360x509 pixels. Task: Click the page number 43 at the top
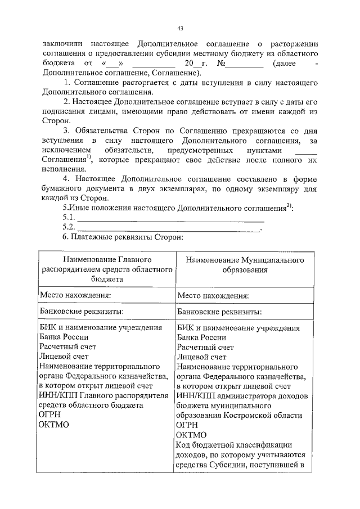[180, 28]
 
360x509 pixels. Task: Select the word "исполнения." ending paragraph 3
[64, 169]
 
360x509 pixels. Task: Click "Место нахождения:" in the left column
[74, 294]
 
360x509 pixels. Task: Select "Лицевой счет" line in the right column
[201, 357]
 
